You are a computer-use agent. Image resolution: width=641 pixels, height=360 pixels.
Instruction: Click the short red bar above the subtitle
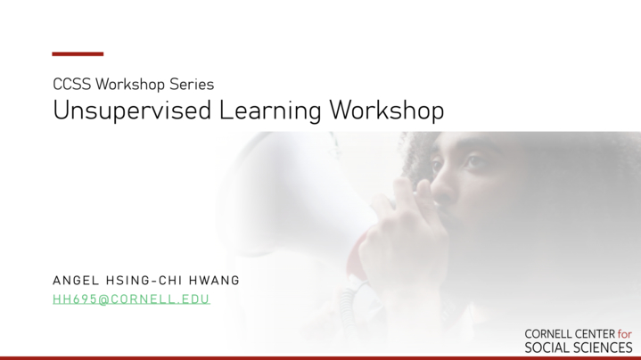pos(78,54)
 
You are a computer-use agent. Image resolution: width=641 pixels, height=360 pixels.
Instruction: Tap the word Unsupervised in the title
pos(132,110)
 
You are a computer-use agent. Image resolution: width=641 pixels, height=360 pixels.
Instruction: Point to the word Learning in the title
pos(270,110)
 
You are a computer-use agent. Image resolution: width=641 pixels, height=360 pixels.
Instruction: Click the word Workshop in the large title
pos(387,110)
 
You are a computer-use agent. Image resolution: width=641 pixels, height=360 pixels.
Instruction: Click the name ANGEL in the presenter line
pos(76,281)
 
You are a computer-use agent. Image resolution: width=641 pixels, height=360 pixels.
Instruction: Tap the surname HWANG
pos(214,281)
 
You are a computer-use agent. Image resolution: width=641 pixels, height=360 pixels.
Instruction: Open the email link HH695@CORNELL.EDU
pos(131,299)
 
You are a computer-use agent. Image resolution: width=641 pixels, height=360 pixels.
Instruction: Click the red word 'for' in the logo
pos(625,334)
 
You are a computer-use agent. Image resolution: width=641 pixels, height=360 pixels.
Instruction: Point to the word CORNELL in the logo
pos(548,334)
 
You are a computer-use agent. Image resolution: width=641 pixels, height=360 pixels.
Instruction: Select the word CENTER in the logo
pos(595,334)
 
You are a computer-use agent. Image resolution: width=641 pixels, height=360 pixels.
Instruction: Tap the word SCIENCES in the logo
pos(599,348)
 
